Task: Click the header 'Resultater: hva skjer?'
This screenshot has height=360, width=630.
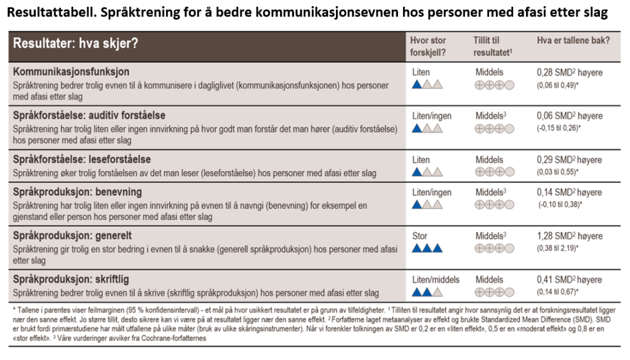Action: coord(76,44)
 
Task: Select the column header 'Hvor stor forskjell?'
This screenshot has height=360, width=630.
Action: coord(428,46)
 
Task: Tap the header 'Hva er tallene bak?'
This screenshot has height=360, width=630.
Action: coord(573,40)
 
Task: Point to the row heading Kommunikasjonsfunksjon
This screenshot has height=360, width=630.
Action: coord(72,72)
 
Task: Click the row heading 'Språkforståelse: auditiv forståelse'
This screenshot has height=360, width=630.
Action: coord(89,116)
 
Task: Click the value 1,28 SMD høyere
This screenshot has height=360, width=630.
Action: coord(569,236)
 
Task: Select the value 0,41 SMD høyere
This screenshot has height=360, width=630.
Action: coord(569,279)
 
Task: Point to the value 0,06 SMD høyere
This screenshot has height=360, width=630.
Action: coord(569,116)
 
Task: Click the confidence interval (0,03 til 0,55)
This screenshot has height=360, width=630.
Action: coord(559,171)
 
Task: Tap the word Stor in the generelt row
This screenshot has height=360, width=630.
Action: coord(419,236)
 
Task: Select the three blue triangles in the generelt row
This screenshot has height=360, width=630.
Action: coord(427,248)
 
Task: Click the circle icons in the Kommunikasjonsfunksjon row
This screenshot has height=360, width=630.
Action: coord(495,84)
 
